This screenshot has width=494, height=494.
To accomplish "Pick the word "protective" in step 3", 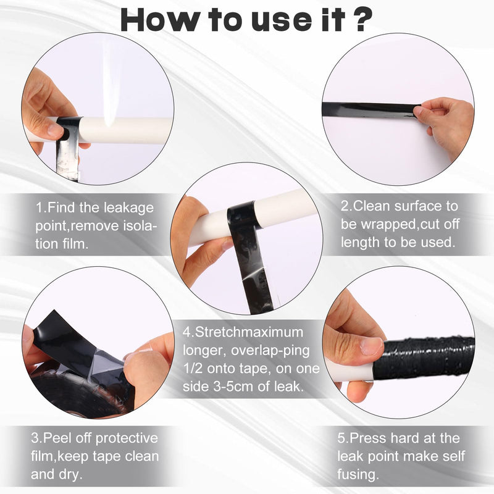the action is point(127,438).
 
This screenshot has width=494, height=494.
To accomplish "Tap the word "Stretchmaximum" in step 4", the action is point(249,332).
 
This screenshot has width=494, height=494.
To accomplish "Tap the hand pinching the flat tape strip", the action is point(445,125).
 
